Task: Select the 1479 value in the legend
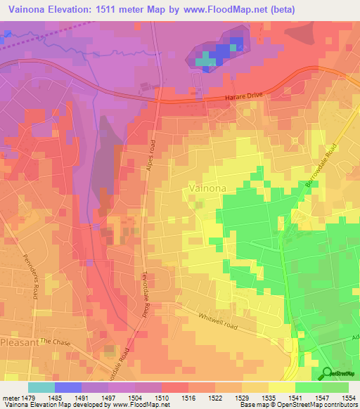(x=30, y=397)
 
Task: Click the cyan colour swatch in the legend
(x=41, y=387)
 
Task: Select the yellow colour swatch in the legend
(x=281, y=387)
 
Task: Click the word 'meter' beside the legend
(x=11, y=397)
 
